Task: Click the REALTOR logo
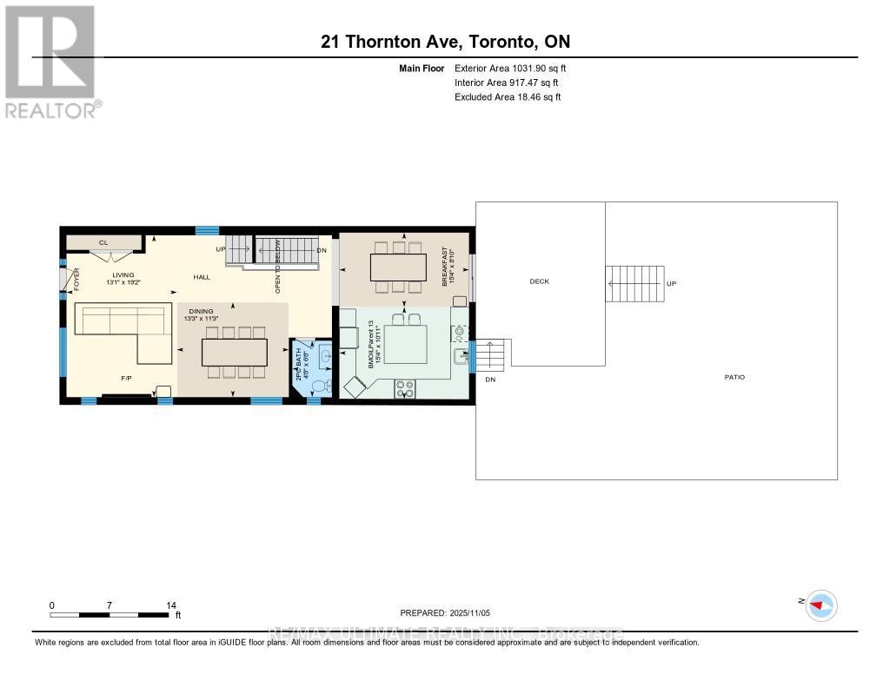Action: pos(50,61)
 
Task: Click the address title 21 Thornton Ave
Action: pos(444,42)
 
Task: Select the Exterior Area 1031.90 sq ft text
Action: pos(510,68)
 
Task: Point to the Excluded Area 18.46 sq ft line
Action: pos(508,97)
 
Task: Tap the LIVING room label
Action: pos(122,275)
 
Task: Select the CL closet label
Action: pos(103,243)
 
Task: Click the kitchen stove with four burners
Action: pos(404,389)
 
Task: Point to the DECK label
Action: pos(539,281)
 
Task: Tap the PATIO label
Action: pos(734,377)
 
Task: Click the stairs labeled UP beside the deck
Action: pos(634,284)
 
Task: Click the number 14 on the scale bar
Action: pos(171,605)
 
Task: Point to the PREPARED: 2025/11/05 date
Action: pos(451,612)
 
